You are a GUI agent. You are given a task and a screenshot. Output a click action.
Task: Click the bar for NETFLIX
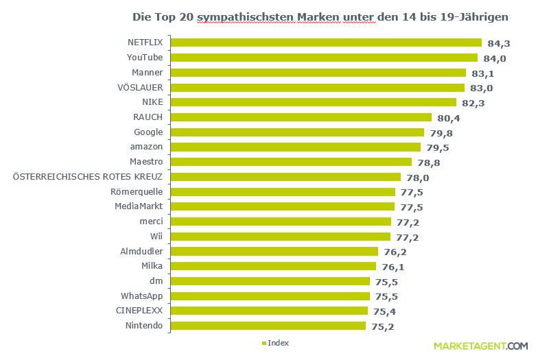tap(325, 43)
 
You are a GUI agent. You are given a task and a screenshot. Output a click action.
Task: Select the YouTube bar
tap(323, 58)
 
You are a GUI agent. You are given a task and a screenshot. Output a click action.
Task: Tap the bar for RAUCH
tap(301, 117)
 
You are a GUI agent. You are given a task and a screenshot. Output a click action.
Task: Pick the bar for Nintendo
tap(268, 326)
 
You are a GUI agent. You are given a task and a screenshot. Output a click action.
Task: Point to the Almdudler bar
tap(274, 252)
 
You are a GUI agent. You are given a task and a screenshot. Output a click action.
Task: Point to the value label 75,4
tap(387, 311)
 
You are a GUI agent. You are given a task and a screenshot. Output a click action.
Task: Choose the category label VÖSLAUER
tap(140, 87)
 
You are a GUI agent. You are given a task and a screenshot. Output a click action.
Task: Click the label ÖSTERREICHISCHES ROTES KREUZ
tap(88, 177)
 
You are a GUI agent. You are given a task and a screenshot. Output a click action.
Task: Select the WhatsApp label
tap(141, 296)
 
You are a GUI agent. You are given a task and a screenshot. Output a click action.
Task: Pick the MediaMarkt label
tap(139, 206)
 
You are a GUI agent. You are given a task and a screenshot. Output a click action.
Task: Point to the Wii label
tap(156, 237)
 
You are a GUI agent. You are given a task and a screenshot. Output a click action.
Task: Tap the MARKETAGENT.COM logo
tap(480, 346)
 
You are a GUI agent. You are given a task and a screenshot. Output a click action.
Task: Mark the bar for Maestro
tap(290, 162)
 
